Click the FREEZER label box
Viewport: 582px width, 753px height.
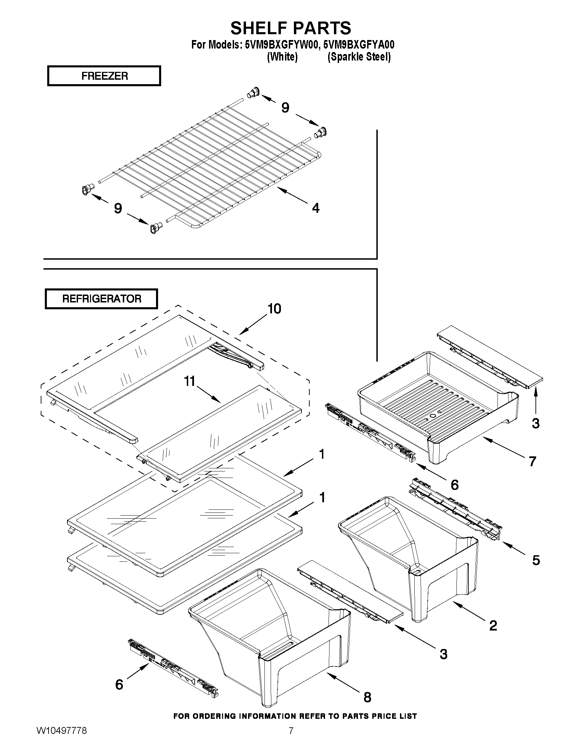pos(104,76)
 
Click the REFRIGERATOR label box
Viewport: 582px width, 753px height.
pos(101,299)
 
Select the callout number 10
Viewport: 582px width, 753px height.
pos(274,309)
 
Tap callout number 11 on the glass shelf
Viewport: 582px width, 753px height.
pos(189,381)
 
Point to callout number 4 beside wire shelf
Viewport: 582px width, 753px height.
pos(315,208)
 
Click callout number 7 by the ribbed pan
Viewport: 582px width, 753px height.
pos(532,461)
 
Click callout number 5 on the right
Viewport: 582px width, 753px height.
pos(536,560)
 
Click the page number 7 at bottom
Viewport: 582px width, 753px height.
pos(290,740)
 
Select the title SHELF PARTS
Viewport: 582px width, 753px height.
pos(290,28)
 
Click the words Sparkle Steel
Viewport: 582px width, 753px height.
pos(359,57)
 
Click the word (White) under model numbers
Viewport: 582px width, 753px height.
pos(282,57)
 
